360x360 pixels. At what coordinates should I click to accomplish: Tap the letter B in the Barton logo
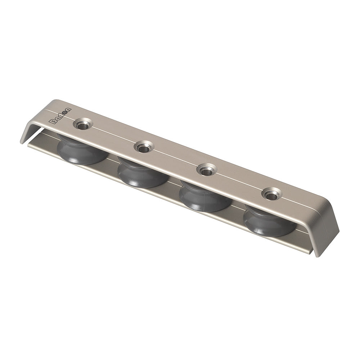coord(51,122)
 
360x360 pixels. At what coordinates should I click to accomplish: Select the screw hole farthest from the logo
coord(271,195)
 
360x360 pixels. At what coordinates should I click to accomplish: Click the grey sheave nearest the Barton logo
coord(81,151)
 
